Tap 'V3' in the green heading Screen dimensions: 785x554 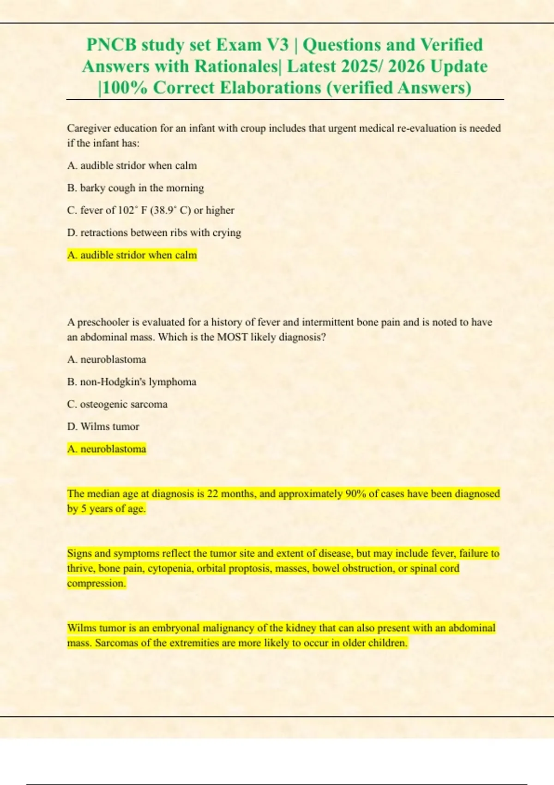277,45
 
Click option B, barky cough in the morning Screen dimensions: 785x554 135,188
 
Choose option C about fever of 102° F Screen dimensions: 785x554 151,210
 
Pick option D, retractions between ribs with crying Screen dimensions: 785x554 154,232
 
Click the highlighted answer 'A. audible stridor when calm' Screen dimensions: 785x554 132,255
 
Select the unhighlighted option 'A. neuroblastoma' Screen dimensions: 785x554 107,359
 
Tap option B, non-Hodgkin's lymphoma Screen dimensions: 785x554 132,382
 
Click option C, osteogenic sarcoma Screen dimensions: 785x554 117,404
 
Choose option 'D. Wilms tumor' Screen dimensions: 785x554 103,426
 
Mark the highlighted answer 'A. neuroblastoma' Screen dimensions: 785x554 107,449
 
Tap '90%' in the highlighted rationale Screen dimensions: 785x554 355,494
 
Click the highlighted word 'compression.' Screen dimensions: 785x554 96,583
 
